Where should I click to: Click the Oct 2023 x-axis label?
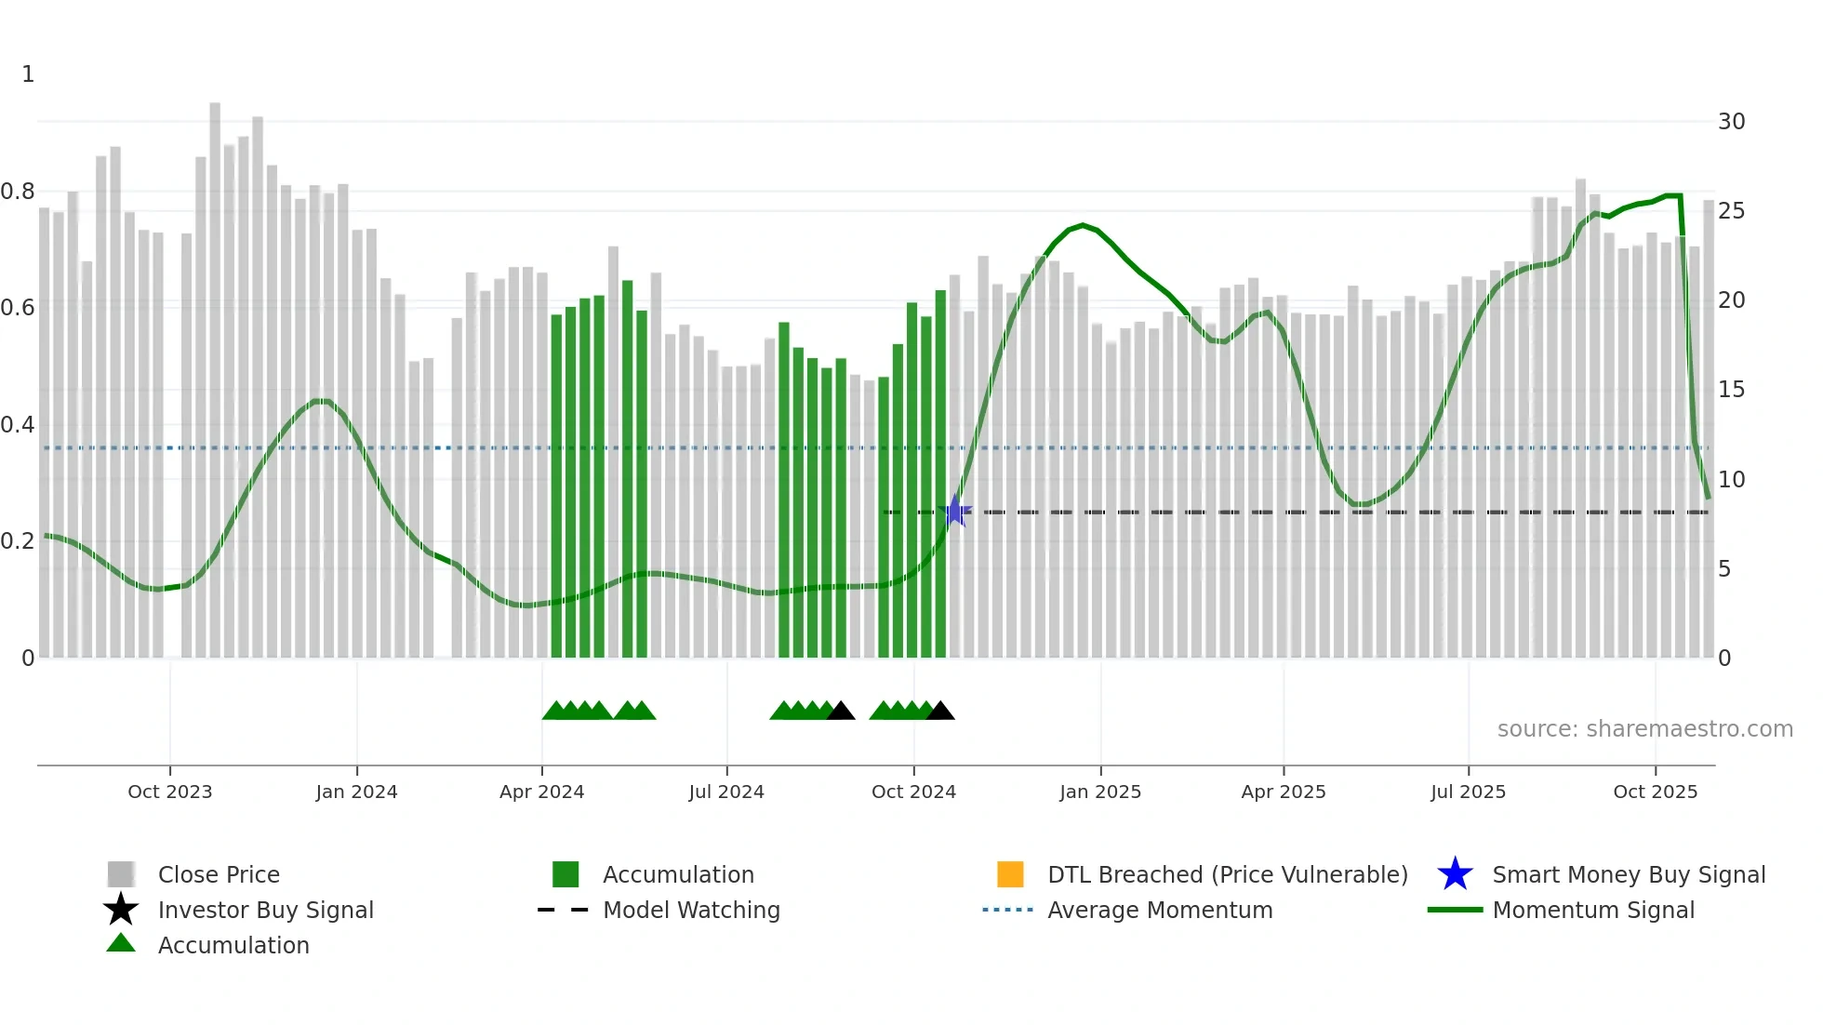point(169,792)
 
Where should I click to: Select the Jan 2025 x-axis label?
point(1099,792)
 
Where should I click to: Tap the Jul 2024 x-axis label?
point(726,792)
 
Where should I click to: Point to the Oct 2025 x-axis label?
point(1655,792)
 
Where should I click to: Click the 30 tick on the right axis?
point(1731,122)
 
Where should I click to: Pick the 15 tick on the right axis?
point(1730,390)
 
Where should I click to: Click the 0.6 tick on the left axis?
point(18,308)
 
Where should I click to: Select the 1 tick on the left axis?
point(28,74)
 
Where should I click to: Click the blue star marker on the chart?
point(954,512)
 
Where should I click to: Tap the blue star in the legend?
point(1455,874)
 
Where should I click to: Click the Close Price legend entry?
point(219,874)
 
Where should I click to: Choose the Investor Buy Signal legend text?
point(265,910)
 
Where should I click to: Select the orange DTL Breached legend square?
point(1010,874)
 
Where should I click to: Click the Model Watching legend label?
point(691,910)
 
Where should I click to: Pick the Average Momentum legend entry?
point(1160,910)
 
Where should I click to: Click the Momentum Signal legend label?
point(1593,910)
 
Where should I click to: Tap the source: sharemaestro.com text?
point(1644,729)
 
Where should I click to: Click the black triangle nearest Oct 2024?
point(940,712)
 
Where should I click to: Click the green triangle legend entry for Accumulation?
point(233,945)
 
